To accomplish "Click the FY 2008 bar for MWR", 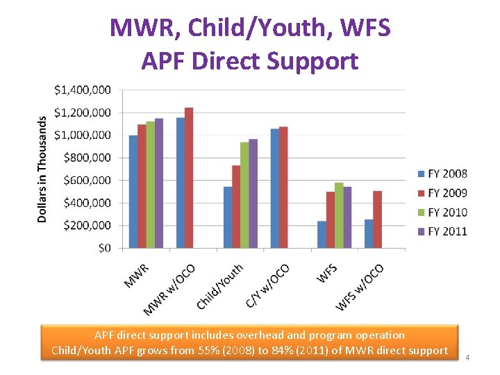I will (133, 192).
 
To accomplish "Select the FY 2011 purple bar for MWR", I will (159, 183).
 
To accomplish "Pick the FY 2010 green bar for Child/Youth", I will (244, 195).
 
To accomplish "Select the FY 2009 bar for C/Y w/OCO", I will (283, 187).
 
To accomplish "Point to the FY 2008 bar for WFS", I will (322, 235).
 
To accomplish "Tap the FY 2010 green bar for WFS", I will (339, 215).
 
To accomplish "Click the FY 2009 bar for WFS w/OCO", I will (378, 219).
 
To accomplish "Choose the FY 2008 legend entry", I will (442, 174).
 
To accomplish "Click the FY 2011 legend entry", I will (442, 231).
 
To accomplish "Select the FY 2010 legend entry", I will (442, 212).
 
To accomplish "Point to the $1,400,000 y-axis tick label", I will (82, 90).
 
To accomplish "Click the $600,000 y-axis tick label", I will (87, 180).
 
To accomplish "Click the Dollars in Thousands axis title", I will (42, 169).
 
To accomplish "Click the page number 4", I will (467, 357).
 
